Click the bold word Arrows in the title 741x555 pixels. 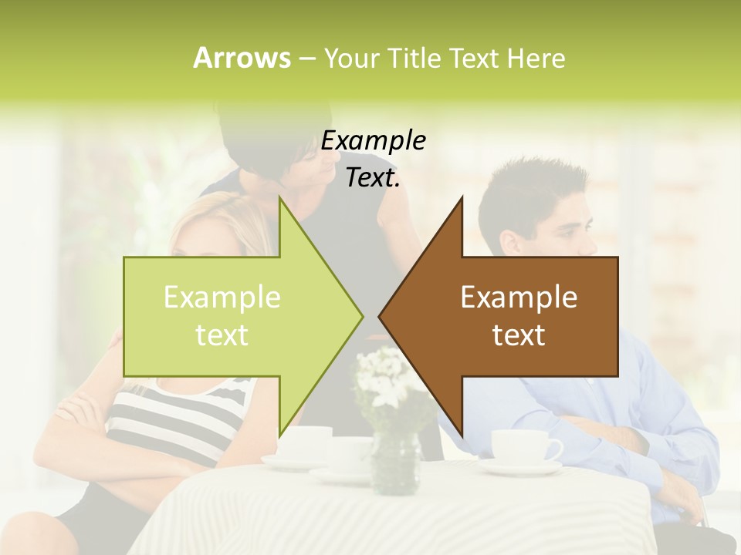(x=241, y=58)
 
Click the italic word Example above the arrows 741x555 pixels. (x=374, y=141)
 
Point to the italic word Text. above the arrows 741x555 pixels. (x=374, y=178)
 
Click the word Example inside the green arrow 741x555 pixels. (x=222, y=298)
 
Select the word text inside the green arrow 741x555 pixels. (x=222, y=335)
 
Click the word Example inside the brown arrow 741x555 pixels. (x=519, y=298)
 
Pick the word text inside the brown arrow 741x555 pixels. (x=519, y=335)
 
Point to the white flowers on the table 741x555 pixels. (x=386, y=378)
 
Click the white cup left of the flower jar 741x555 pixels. (x=305, y=443)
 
